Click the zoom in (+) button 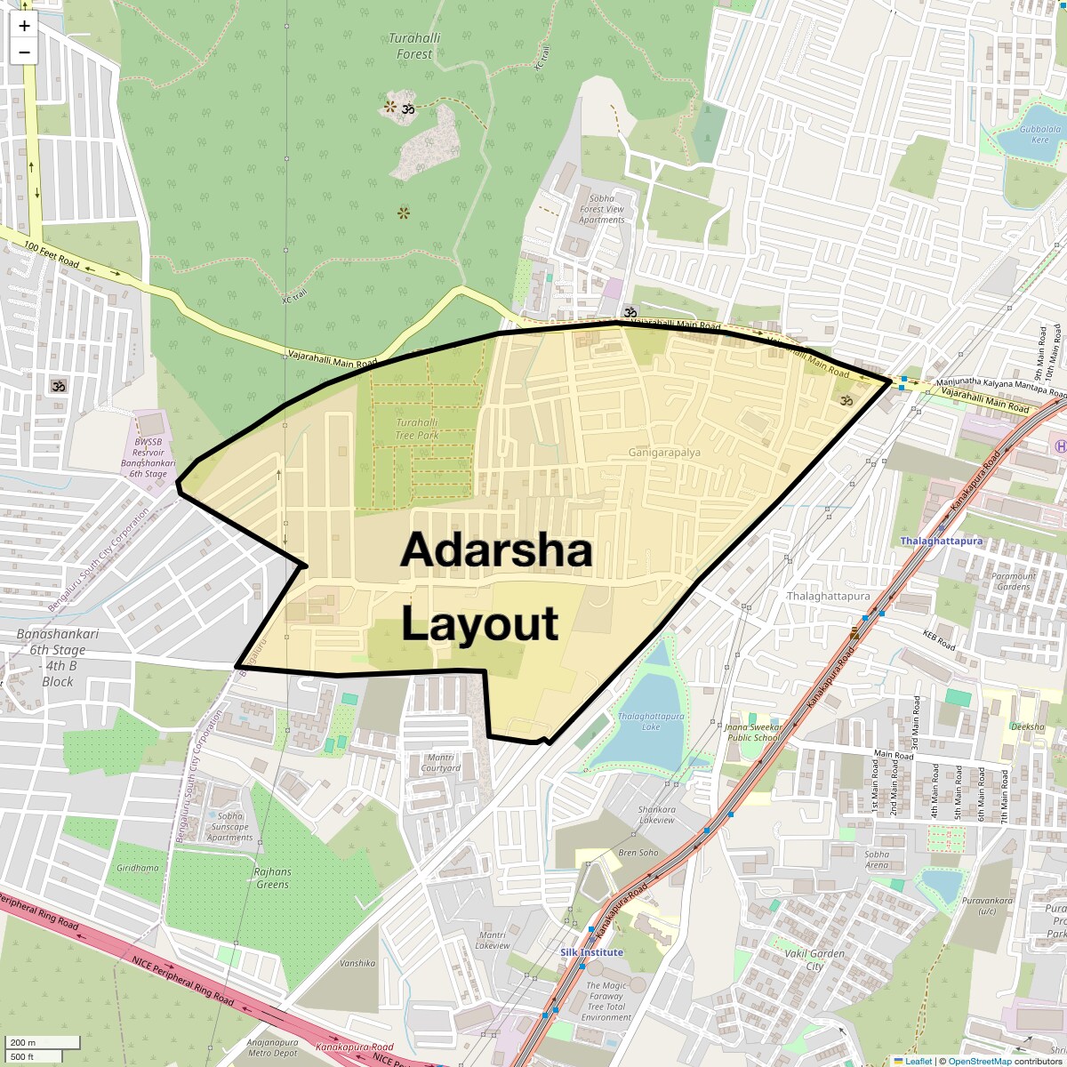pos(24,26)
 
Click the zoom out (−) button pos(24,52)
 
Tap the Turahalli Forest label pos(414,46)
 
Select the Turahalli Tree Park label pos(417,429)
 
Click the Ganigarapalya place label pos(664,452)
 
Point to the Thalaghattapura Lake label pos(651,721)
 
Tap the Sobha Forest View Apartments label pos(602,209)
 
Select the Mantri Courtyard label pos(440,762)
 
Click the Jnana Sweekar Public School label pos(752,732)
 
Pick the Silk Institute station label pos(591,952)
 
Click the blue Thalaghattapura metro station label pos(941,541)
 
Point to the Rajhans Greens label pos(272,878)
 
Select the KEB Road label pos(938,640)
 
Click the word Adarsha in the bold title pos(496,550)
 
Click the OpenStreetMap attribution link pos(979,1061)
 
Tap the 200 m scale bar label pos(23,1042)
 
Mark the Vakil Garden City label pos(814,959)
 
